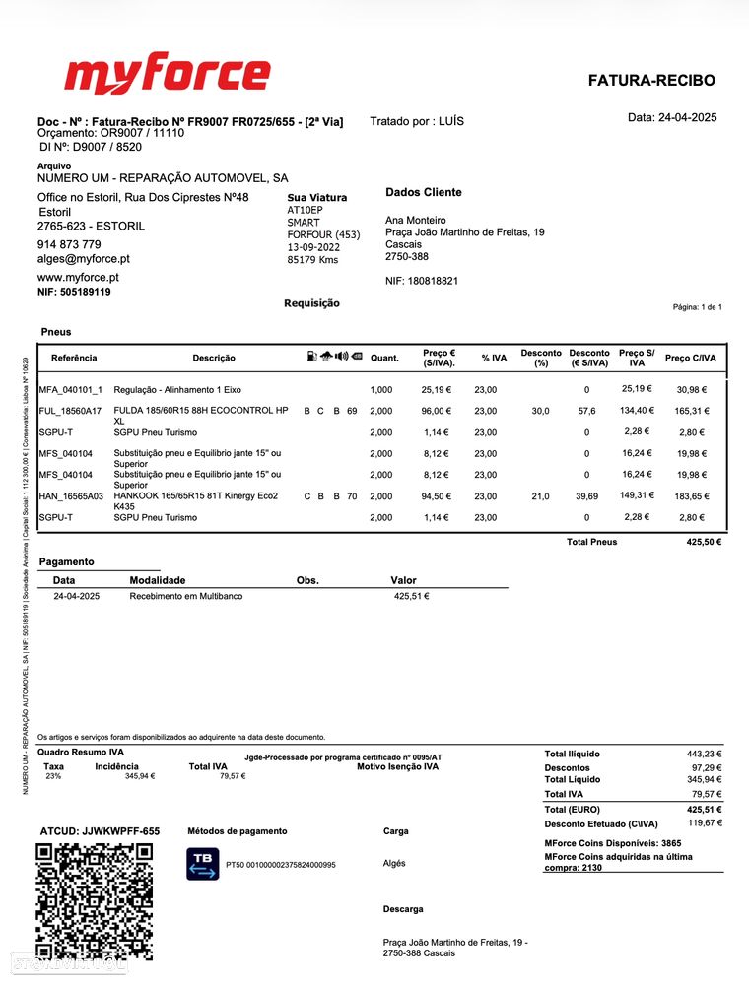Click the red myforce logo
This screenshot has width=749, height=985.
(167, 77)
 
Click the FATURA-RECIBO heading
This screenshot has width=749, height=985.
(651, 81)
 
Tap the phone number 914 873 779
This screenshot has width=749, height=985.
(69, 244)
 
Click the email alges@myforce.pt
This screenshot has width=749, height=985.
(84, 259)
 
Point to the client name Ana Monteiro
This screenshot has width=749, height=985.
(415, 220)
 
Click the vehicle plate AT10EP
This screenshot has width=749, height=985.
(305, 210)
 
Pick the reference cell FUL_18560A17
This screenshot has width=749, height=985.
(70, 411)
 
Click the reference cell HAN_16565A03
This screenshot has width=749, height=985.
(71, 496)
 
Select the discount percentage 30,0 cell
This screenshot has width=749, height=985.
(540, 411)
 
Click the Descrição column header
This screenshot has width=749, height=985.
(214, 358)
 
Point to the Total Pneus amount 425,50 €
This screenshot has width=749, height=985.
(704, 542)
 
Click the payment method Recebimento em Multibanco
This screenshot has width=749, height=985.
(186, 596)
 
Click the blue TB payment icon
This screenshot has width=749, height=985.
(203, 864)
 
